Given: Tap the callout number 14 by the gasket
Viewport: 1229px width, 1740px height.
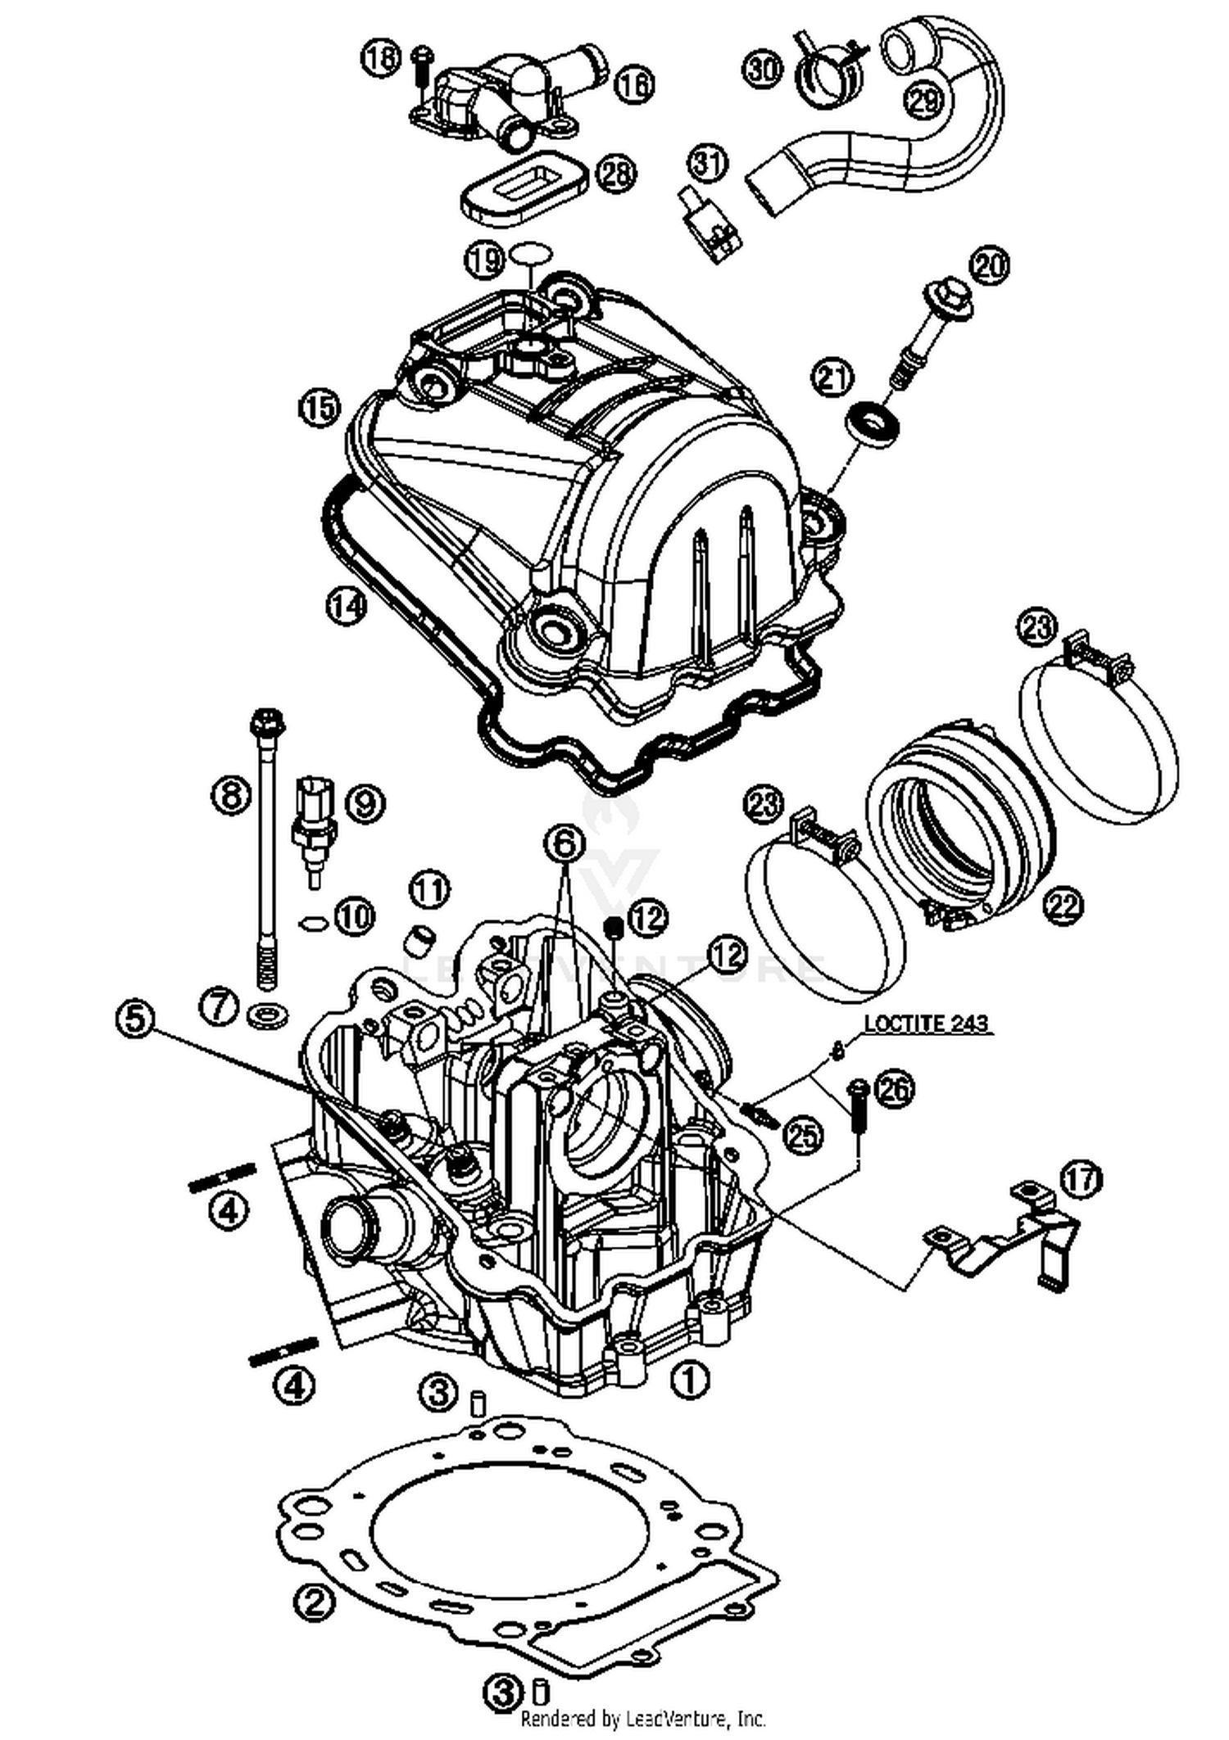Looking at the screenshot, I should tap(345, 606).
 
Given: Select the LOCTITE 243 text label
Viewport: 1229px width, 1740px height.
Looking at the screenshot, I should tap(927, 1024).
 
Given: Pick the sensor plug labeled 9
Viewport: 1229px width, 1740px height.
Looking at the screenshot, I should tap(313, 823).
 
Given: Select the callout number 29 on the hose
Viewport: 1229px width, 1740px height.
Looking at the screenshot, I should tap(924, 101).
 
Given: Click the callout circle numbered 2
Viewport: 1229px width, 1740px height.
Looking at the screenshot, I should tap(315, 1602).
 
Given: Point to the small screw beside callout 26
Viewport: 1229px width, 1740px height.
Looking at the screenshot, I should tap(857, 1106).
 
